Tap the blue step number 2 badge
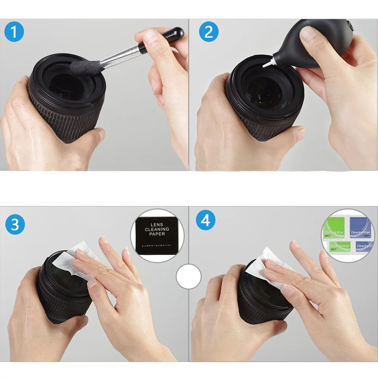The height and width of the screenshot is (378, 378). coord(209,33)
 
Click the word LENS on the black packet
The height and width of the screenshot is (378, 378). coord(157,224)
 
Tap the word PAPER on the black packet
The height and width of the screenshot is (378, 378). coord(157,234)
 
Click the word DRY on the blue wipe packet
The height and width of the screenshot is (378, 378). coord(366,235)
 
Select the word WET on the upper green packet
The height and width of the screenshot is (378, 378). coord(327,236)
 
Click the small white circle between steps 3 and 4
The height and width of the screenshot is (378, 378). coord(189,276)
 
